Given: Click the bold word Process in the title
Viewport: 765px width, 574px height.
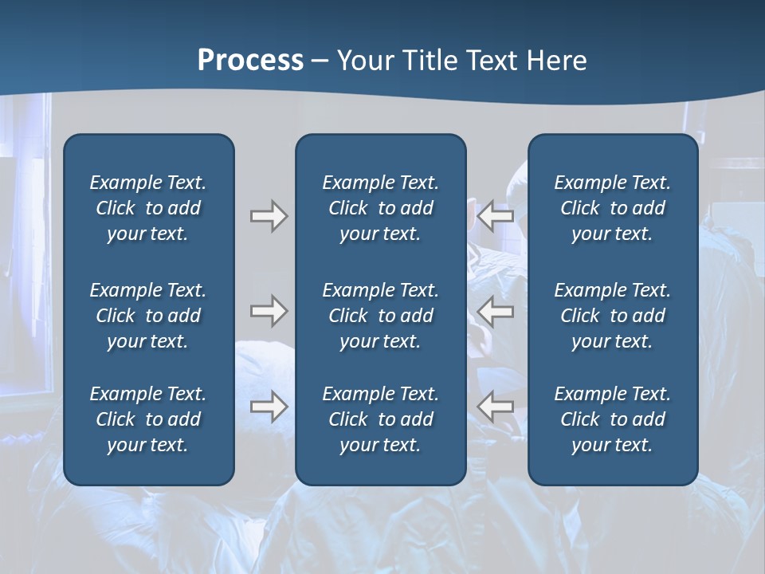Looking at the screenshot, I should (250, 61).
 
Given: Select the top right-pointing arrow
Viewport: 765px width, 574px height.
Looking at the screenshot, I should (269, 215).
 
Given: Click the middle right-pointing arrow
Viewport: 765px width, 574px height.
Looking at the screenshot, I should (269, 311).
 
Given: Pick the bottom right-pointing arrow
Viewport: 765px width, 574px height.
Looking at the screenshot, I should (269, 407).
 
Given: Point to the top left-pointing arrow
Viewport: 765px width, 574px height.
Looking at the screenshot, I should (495, 215).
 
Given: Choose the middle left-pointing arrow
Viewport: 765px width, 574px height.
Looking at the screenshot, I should (495, 311).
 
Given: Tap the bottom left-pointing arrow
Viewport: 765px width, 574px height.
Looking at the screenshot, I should (495, 407).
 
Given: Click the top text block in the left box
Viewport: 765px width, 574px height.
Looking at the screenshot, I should (148, 208).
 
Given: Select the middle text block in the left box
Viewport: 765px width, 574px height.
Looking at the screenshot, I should (148, 316).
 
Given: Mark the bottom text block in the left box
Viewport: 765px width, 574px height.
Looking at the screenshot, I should (148, 419).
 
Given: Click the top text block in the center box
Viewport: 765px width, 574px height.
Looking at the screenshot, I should (380, 208).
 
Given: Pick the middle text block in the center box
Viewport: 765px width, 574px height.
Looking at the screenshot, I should (380, 316).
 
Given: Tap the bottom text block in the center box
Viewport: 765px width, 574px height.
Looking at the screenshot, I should (380, 419).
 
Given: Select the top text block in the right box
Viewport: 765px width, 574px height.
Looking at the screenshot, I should (613, 208).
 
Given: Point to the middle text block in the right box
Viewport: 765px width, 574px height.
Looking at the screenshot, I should (613, 316).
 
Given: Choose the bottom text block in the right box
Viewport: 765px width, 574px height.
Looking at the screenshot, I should (613, 419).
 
